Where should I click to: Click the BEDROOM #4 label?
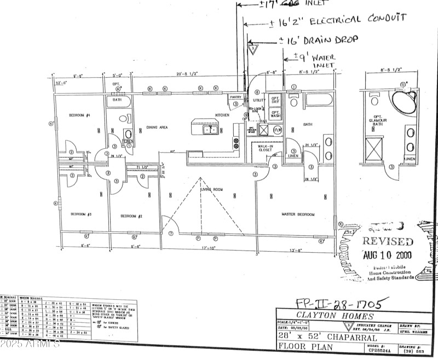(x=79, y=116)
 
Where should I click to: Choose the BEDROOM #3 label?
(x=80, y=214)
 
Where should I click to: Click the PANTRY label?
(x=235, y=97)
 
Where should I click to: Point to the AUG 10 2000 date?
(x=388, y=254)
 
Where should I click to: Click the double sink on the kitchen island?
(x=209, y=130)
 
